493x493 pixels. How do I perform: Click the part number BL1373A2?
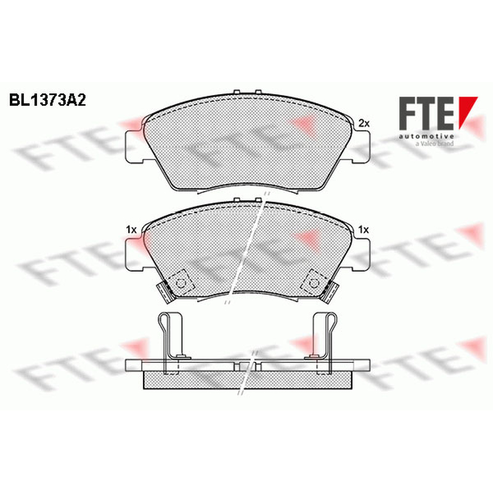(x=47, y=100)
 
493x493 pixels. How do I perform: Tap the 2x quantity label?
(x=364, y=124)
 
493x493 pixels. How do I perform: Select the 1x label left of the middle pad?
(x=131, y=230)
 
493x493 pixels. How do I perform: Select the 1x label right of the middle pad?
(x=364, y=230)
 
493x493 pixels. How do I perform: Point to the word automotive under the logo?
(x=426, y=136)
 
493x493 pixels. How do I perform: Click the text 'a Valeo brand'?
(x=434, y=144)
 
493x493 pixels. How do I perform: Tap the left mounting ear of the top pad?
(x=134, y=147)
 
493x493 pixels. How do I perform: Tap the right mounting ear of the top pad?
(x=361, y=147)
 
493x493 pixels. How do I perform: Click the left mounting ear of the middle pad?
(x=134, y=255)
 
